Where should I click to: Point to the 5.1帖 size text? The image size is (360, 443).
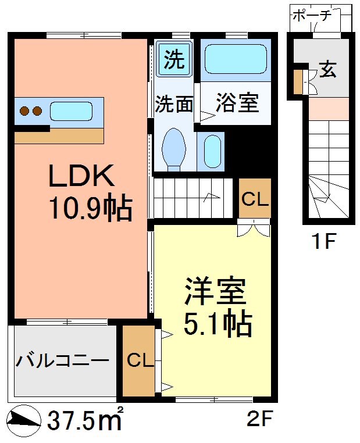point(218,324)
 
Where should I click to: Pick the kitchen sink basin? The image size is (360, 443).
point(70,110)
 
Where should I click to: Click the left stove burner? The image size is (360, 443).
point(25,110)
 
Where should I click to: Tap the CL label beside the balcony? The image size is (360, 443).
point(140,361)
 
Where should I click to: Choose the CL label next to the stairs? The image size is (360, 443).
point(255,199)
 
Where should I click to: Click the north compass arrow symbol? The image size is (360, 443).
point(23,419)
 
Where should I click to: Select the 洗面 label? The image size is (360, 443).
point(174,105)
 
